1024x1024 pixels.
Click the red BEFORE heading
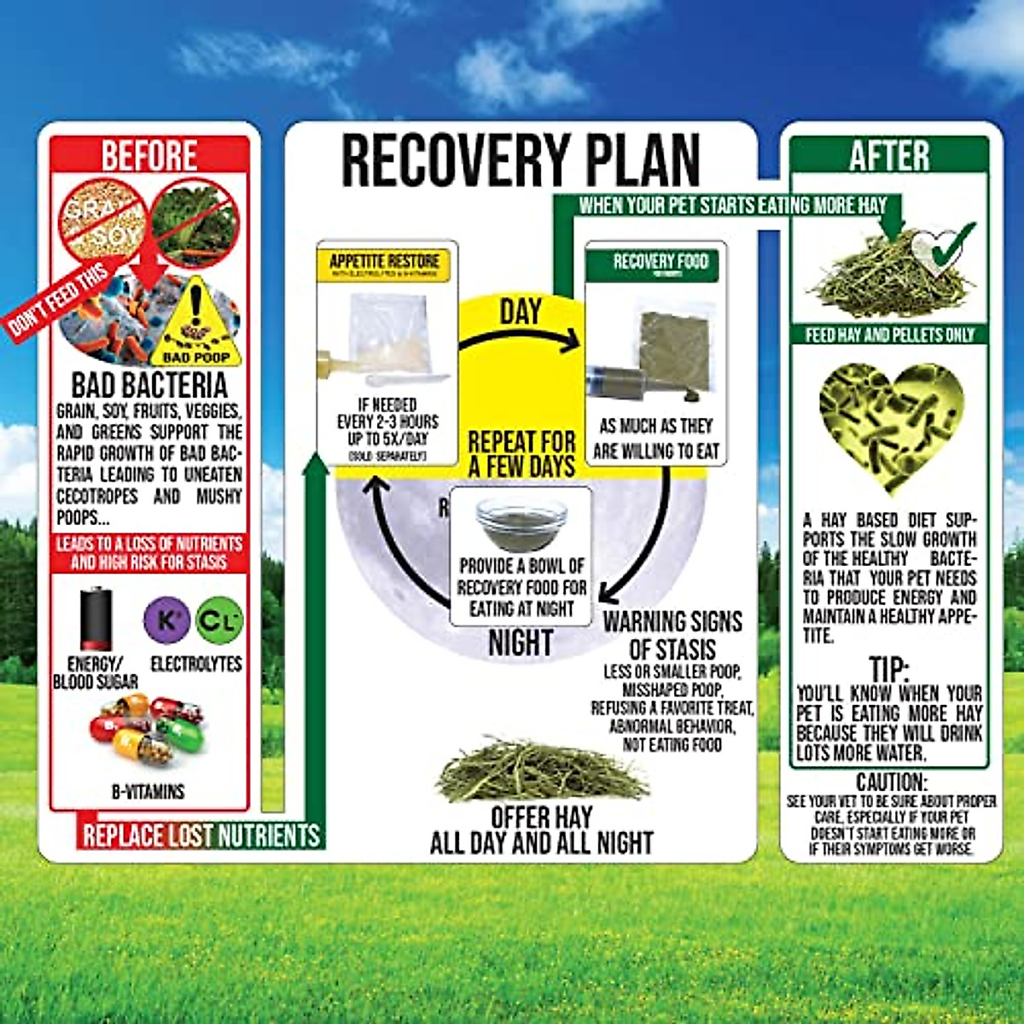(x=149, y=156)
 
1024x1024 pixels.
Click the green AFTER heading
(x=889, y=156)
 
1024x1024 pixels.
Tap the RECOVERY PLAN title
(x=520, y=160)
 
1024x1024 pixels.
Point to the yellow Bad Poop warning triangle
(x=196, y=323)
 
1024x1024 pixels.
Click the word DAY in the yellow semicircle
(x=521, y=312)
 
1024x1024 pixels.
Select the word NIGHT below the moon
(x=521, y=643)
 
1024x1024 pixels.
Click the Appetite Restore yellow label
(x=385, y=262)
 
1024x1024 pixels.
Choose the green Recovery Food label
(x=660, y=263)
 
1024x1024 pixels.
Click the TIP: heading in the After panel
(x=889, y=668)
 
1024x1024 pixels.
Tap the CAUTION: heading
(x=891, y=782)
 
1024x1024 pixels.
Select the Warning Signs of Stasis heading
(x=672, y=634)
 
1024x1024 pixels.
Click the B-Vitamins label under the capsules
(x=148, y=792)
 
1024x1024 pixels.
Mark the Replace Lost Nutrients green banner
(x=201, y=835)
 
